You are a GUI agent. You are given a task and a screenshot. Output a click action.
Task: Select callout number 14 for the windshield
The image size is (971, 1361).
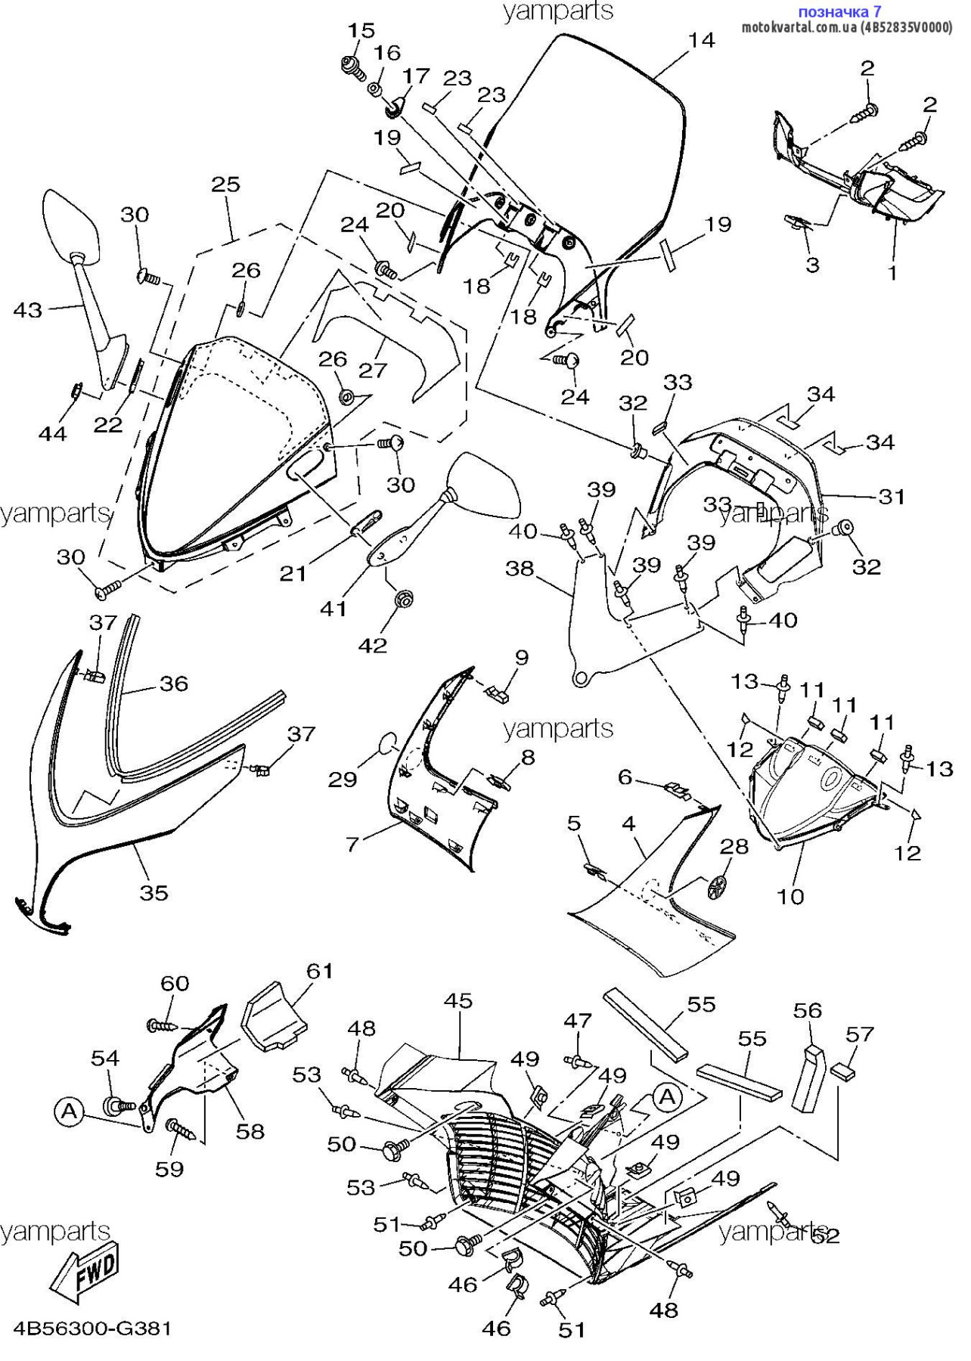pos(701,40)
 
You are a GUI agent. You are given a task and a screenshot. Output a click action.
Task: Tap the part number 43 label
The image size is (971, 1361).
pos(29,310)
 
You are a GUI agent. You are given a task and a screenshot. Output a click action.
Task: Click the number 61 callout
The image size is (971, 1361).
pos(320,971)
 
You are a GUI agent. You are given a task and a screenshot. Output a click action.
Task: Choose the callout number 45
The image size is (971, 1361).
pos(458,1001)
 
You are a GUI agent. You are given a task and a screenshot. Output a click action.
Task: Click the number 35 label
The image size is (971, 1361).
pos(154,893)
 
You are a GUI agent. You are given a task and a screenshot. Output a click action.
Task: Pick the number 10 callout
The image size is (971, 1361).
pos(790,897)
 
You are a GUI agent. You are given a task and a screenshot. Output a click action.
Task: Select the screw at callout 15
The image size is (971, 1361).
pos(352,67)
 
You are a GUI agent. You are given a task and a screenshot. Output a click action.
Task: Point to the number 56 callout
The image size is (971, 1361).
pos(807,1010)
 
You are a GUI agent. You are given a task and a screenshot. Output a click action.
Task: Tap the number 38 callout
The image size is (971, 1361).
pos(520,568)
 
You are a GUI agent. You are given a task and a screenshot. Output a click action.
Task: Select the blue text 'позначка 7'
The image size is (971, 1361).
pos(839,11)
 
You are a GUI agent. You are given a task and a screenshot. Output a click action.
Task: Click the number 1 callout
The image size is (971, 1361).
pos(892,272)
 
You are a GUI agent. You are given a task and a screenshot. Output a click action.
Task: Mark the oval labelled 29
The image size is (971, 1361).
pos(386,743)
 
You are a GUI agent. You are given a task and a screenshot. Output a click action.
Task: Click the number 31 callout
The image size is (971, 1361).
pos(892,497)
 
